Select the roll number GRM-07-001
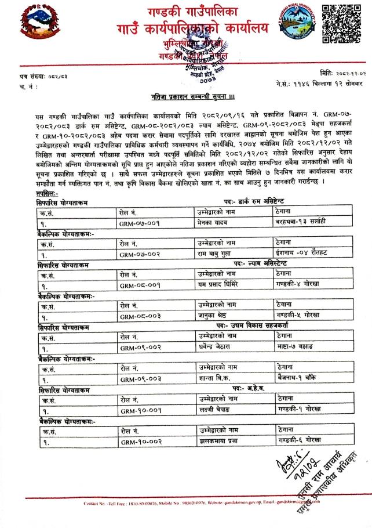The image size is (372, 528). tap(139, 222)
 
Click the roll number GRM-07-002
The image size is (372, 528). tap(139, 254)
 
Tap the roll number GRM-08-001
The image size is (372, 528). tap(139, 285)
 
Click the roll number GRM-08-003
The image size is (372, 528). tap(139, 317)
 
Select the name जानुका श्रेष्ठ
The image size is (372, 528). tap(214, 317)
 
